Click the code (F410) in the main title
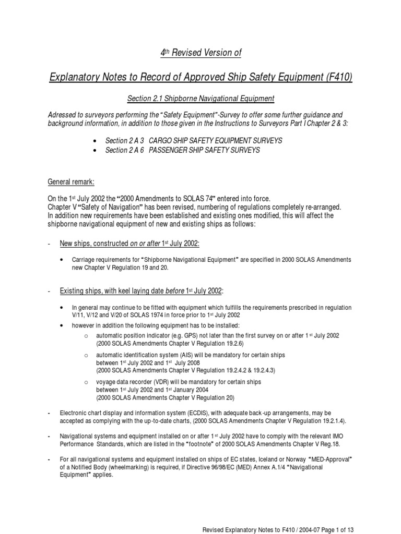337,78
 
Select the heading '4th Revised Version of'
200,53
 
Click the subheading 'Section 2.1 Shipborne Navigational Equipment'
200,99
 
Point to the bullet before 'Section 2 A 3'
93,141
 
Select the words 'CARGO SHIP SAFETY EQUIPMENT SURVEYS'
216,141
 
